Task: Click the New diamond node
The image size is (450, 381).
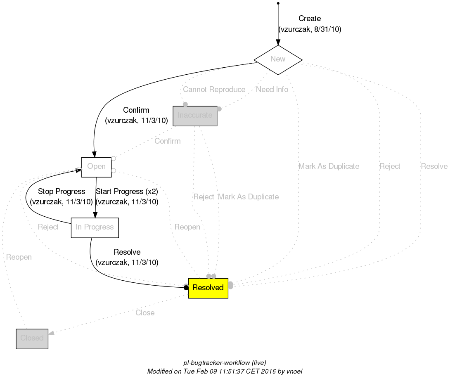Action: point(278,59)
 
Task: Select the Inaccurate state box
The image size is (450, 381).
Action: point(195,115)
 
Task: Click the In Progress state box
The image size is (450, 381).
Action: point(95,227)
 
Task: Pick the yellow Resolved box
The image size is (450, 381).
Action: point(208,288)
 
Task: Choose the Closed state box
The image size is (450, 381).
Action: point(32,338)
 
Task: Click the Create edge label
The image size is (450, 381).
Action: point(310,19)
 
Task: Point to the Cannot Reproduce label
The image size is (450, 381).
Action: point(214,90)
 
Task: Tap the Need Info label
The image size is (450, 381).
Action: point(272,90)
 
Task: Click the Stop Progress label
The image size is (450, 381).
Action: point(62,192)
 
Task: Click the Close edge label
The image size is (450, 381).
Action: point(145,313)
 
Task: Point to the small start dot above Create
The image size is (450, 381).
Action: point(278,3)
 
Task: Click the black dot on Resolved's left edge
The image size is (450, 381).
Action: point(186,288)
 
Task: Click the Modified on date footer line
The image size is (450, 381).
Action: point(225,372)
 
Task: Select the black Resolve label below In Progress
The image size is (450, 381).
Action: point(127,252)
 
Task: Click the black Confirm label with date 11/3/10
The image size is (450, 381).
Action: point(136,110)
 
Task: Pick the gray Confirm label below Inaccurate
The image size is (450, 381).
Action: point(167,141)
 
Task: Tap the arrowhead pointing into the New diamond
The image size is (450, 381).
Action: point(278,42)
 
